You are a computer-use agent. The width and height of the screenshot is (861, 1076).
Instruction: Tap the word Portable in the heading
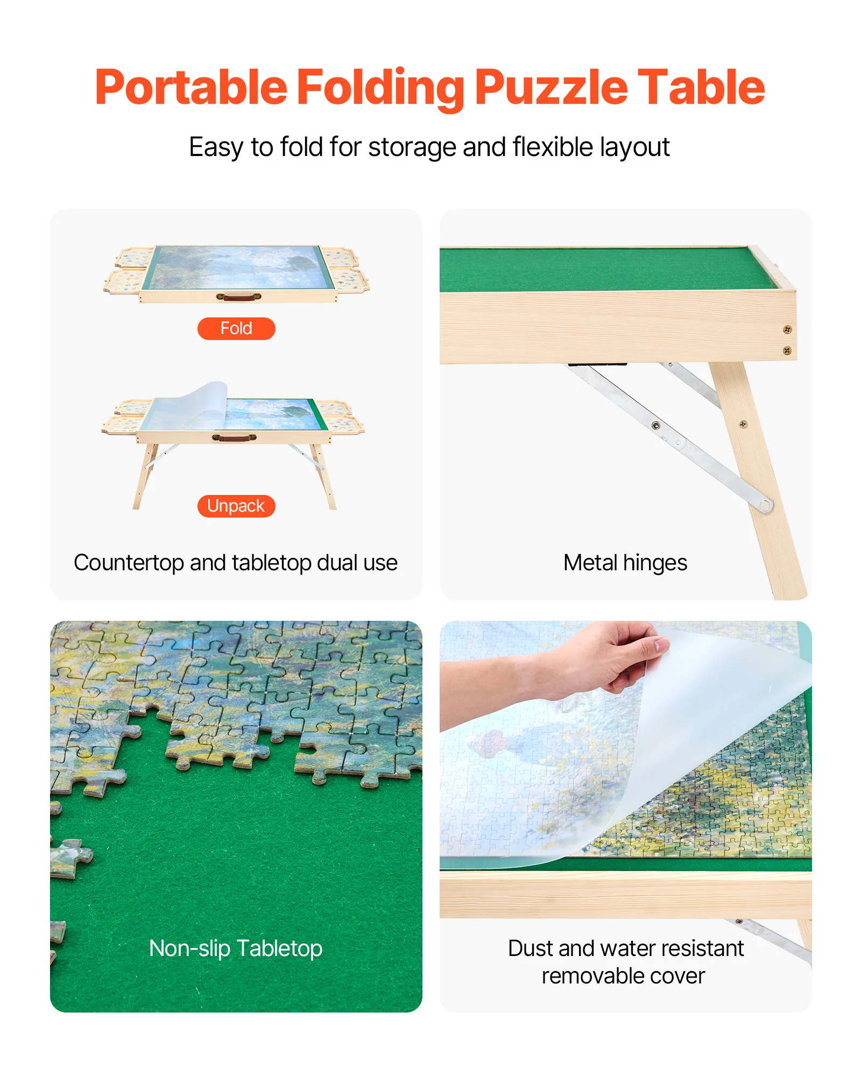tap(191, 88)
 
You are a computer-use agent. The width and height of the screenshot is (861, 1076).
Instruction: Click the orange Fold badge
tap(236, 328)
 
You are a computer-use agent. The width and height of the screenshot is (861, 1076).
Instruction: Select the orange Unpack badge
tap(236, 506)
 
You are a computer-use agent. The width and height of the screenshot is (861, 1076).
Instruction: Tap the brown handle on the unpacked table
tap(234, 437)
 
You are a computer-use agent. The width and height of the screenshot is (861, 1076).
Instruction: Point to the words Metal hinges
tap(625, 563)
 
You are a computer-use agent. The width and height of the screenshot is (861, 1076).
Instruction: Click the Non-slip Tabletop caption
tap(236, 948)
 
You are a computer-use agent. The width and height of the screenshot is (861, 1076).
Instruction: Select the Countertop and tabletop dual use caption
tap(236, 563)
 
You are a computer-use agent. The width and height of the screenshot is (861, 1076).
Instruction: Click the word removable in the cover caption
tap(585, 976)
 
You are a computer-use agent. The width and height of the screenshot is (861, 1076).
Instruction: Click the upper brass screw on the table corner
tap(787, 329)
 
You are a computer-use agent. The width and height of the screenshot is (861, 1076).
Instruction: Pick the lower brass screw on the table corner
tap(787, 351)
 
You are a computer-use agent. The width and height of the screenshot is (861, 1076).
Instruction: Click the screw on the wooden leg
tap(743, 424)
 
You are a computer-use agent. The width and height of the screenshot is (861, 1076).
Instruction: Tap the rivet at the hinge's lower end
tap(765, 505)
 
